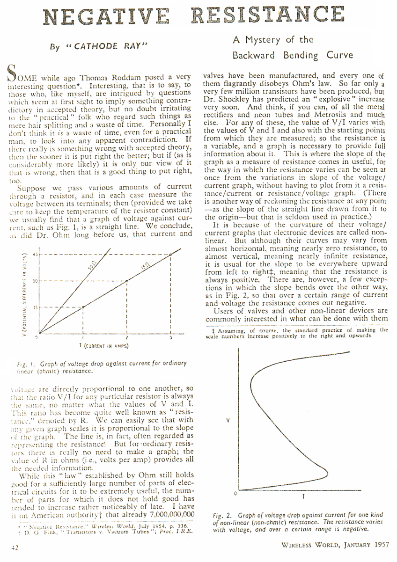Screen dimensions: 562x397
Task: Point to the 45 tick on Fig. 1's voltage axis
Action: [35, 254]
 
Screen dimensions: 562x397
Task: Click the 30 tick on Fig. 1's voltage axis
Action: [35, 280]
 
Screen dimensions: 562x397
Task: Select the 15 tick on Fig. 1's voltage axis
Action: [35, 307]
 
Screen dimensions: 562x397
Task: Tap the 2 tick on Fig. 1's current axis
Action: [127, 337]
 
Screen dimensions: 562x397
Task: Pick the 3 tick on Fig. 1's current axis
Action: [170, 337]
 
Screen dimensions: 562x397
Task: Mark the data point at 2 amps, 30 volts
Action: [127, 280]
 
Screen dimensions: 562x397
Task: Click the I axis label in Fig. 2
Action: [304, 495]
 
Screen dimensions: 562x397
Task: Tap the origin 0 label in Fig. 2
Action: [235, 493]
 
